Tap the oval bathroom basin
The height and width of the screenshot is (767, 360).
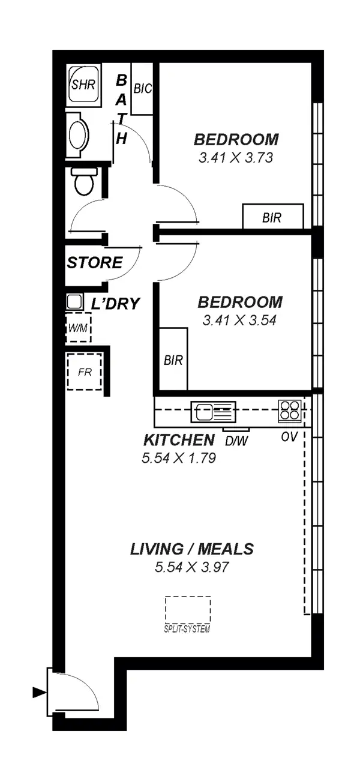click(x=78, y=134)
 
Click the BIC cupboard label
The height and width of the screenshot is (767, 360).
click(x=142, y=89)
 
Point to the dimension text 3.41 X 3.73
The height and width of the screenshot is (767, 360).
click(x=236, y=158)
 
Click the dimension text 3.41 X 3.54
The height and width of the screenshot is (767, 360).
click(x=239, y=320)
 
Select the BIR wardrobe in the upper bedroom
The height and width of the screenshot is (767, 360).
click(x=272, y=217)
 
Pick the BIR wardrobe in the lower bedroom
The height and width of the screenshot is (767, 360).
click(x=173, y=360)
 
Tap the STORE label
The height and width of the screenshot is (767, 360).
click(x=95, y=263)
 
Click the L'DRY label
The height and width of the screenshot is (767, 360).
click(x=115, y=304)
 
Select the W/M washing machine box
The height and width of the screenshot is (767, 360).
click(x=78, y=328)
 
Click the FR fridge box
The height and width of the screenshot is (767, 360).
click(x=84, y=371)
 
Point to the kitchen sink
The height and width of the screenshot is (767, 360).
click(x=213, y=412)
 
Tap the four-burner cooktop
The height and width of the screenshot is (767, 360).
click(x=289, y=411)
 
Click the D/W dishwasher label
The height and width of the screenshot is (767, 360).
click(x=236, y=440)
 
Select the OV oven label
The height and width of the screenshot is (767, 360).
click(x=289, y=438)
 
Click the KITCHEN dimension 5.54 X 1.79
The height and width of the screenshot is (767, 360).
click(x=178, y=459)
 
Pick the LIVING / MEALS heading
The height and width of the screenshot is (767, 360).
click(x=192, y=549)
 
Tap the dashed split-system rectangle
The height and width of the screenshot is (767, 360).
click(x=188, y=610)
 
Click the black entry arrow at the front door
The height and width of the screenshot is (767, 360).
click(x=39, y=693)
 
